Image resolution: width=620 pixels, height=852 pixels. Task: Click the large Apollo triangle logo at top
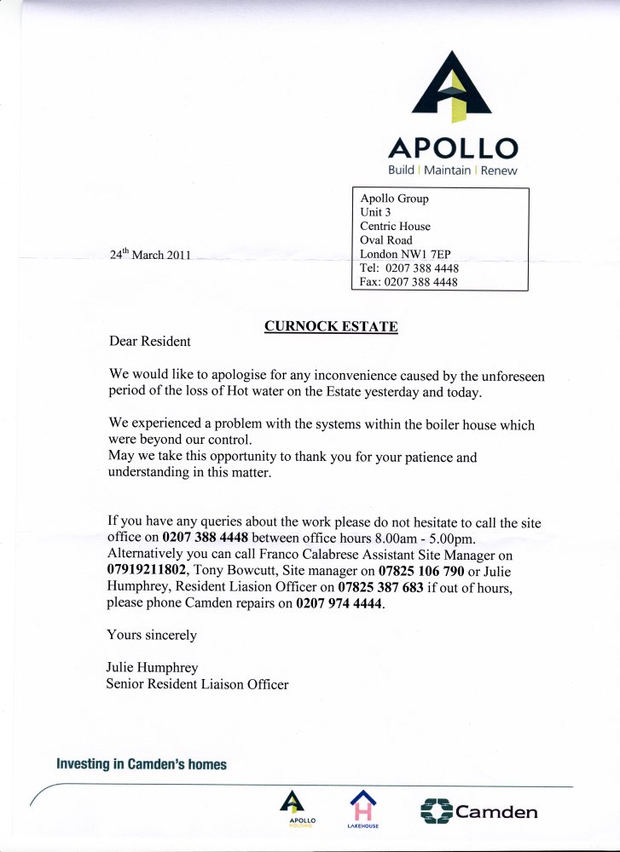[452, 84]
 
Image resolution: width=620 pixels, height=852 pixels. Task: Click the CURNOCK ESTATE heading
[331, 325]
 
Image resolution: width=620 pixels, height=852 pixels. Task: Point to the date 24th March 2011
[150, 254]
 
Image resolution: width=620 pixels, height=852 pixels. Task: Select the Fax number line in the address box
[409, 281]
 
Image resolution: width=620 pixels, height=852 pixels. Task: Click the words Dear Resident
[150, 342]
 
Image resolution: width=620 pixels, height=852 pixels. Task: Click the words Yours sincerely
[152, 635]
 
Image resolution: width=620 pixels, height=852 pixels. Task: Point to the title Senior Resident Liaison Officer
[197, 683]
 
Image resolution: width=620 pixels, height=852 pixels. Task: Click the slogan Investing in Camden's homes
[142, 764]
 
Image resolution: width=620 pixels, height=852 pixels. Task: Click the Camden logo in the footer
[479, 811]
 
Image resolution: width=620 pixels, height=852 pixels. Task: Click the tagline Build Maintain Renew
[452, 170]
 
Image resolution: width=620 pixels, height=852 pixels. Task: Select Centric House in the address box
[395, 227]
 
